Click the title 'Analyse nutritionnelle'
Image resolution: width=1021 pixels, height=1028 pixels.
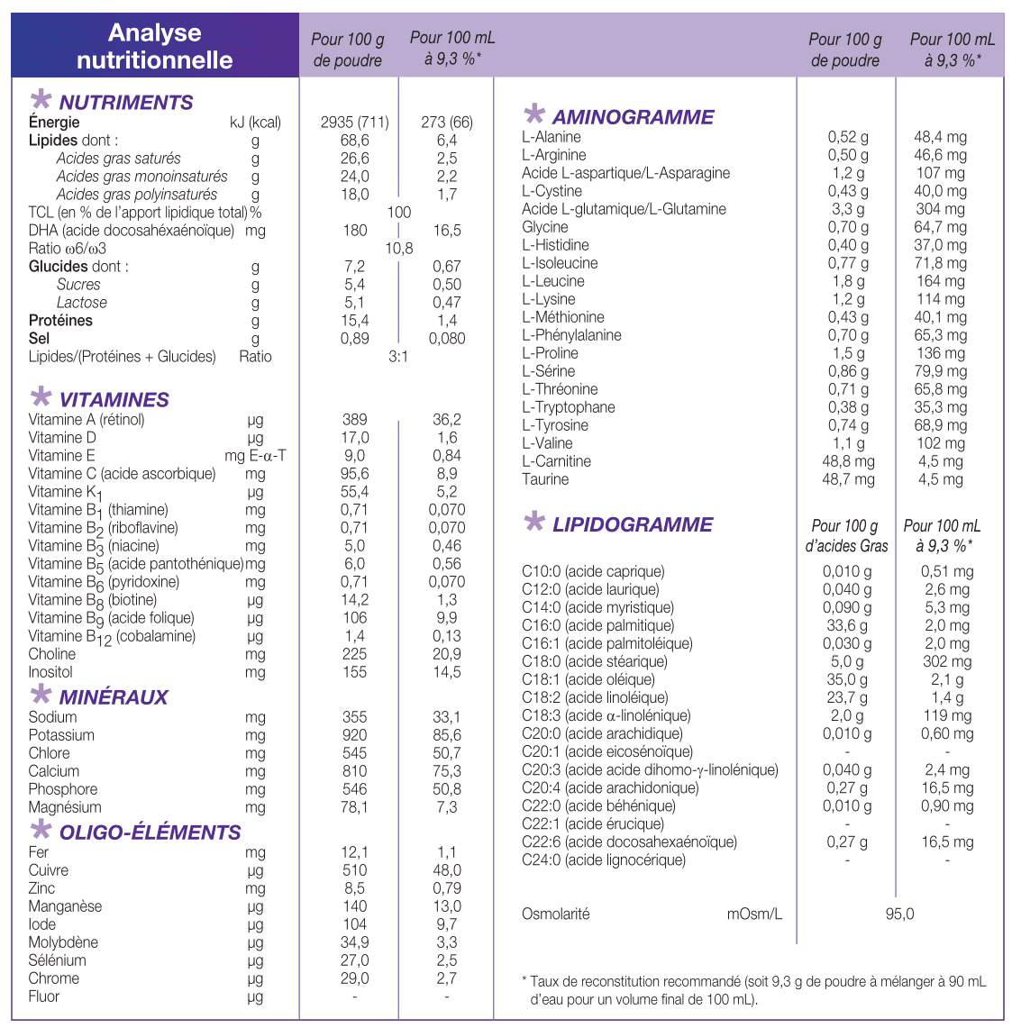pos(155,47)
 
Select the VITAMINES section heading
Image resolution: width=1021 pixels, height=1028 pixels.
pos(114,400)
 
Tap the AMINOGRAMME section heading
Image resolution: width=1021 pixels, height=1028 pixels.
pos(633,117)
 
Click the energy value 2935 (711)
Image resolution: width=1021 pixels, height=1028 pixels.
pos(355,123)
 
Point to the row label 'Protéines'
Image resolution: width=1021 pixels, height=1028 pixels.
pos(60,321)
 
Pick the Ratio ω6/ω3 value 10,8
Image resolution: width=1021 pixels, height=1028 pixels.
pos(399,249)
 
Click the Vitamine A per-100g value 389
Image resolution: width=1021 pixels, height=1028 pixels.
pos(355,420)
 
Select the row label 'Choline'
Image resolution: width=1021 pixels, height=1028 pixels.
pos(52,654)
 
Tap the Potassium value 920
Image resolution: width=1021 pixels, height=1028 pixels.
pos(355,735)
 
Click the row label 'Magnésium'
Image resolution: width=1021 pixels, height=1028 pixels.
pos(65,807)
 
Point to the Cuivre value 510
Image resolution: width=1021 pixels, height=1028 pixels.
pos(355,870)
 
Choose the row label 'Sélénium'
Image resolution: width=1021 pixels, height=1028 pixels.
pos(58,960)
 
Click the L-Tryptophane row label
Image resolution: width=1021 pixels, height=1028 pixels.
pos(569,407)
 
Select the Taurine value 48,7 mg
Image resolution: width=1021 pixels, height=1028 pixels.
pos(848,479)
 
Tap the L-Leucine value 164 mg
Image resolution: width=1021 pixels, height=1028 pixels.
pos(941,281)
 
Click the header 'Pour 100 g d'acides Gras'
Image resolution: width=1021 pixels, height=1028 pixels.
pos(846,536)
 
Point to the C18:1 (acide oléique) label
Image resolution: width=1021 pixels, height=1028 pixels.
pos(588,679)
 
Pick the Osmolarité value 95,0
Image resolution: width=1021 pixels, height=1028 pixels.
pos(899,914)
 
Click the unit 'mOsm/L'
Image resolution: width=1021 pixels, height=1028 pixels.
pos(754,914)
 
